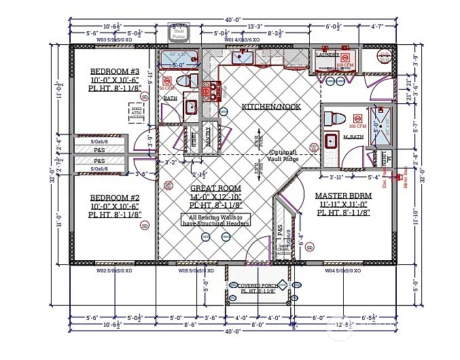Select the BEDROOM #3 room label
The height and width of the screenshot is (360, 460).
(x=115, y=71)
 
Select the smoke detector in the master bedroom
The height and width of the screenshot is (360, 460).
(x=309, y=248)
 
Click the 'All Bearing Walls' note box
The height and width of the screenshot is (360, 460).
(x=215, y=219)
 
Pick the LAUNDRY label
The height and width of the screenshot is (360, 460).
(x=328, y=55)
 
